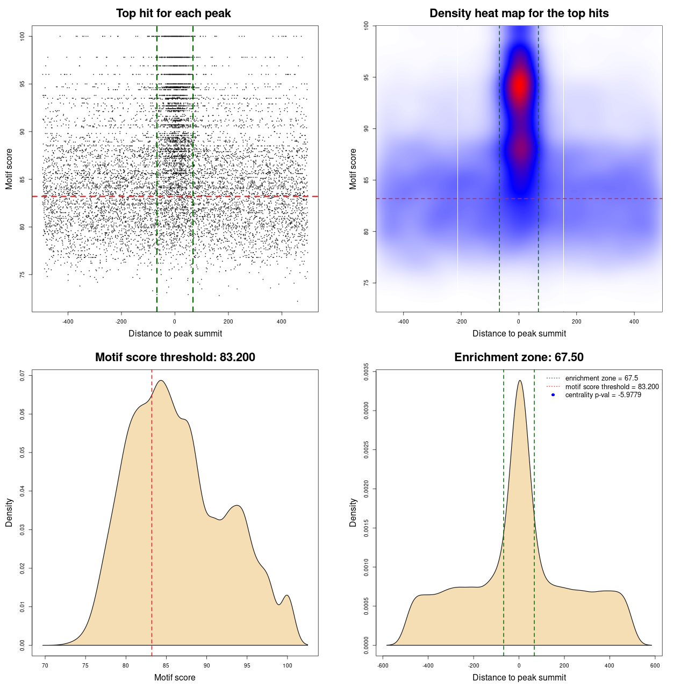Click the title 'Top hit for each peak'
(173, 13)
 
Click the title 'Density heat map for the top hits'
(519, 13)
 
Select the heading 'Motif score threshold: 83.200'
(175, 357)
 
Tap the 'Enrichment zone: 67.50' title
(519, 357)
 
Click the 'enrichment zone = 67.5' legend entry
(601, 378)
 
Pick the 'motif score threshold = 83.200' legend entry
(612, 386)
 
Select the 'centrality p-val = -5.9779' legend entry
(603, 395)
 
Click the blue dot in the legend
(553, 395)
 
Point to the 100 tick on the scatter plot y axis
(23, 36)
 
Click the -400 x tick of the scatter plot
(68, 321)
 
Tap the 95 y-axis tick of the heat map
(367, 77)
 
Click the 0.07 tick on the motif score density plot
(23, 375)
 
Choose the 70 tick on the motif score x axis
(45, 665)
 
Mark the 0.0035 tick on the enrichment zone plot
(367, 371)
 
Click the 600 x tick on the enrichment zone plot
(655, 665)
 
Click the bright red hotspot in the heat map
(519, 84)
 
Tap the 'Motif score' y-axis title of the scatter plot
(9, 169)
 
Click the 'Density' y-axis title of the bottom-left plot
(9, 513)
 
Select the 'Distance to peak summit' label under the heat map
(519, 334)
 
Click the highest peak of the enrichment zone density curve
(519, 381)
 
